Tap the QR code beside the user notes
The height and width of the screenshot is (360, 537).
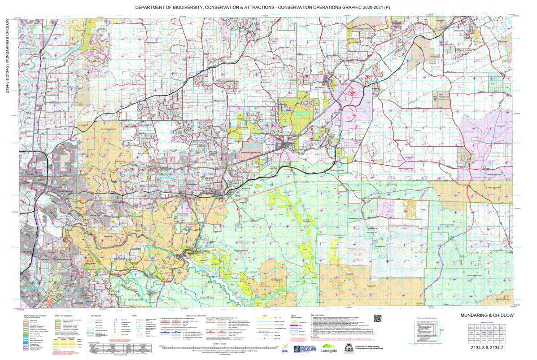click(x=377, y=319)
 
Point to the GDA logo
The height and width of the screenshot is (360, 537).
click(x=285, y=350)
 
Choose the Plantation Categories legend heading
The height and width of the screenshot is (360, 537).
click(x=67, y=338)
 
